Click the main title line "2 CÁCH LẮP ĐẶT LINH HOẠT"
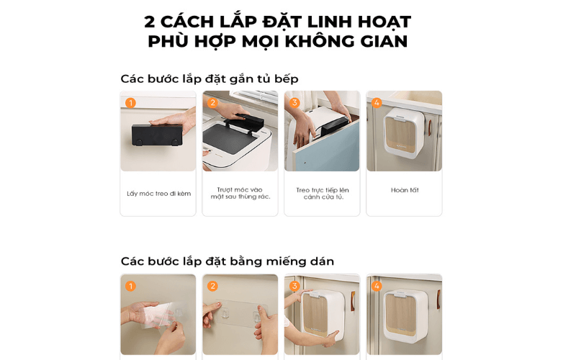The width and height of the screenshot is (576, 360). click(x=277, y=22)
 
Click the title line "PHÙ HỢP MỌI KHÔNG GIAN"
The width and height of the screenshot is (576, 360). click(x=277, y=42)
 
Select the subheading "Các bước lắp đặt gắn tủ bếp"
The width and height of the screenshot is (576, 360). click(x=209, y=78)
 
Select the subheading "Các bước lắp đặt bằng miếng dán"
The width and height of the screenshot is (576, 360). click(x=227, y=261)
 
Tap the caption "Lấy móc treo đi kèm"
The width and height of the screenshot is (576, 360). click(x=158, y=193)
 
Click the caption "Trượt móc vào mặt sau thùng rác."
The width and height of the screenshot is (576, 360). click(x=240, y=193)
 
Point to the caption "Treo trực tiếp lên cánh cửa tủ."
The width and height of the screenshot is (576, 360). click(x=322, y=193)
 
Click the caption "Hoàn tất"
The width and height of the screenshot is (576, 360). click(x=404, y=190)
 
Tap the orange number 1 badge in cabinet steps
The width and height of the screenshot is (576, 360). click(x=130, y=103)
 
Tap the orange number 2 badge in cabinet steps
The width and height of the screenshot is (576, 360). click(x=212, y=103)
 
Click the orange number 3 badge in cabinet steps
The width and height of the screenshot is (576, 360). click(x=294, y=103)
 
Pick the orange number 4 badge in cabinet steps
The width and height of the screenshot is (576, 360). click(x=377, y=103)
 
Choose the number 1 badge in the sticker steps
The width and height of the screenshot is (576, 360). click(x=130, y=286)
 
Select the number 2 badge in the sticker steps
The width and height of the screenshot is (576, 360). click(x=212, y=286)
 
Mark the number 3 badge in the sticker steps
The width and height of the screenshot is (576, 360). click(x=294, y=286)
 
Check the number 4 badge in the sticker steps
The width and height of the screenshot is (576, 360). click(x=377, y=286)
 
